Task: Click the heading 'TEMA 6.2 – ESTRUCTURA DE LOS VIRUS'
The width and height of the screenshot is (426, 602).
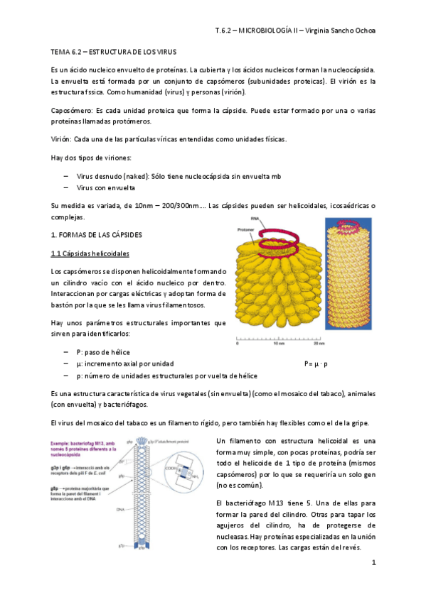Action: coord(118,53)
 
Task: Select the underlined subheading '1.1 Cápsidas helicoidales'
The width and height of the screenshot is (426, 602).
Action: coord(90,253)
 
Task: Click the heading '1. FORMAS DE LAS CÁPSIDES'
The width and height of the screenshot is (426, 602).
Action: coord(97,234)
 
